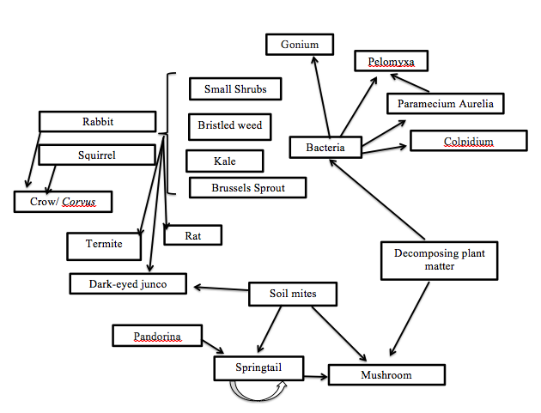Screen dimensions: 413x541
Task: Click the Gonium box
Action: point(300,45)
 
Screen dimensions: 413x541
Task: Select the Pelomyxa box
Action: point(391,62)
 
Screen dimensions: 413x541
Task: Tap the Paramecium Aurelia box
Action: point(445,104)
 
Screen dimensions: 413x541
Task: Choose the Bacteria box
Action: point(325,148)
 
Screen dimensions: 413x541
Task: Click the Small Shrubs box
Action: point(235,88)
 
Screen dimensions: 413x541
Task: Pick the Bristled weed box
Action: point(229,126)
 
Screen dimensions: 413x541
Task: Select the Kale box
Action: point(225,161)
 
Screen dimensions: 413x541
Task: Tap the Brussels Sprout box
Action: point(248,187)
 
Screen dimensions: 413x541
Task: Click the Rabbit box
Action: point(98,122)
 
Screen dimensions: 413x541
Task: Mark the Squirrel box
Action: point(97,155)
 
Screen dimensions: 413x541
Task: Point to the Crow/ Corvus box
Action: point(64,202)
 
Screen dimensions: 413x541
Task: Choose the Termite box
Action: point(104,245)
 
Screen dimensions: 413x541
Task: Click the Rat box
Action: point(192,234)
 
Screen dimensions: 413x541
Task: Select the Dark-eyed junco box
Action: point(128,283)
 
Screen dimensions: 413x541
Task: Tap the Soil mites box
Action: point(293,295)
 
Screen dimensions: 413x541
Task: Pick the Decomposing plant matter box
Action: point(428,259)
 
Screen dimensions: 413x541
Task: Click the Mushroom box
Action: point(386,375)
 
